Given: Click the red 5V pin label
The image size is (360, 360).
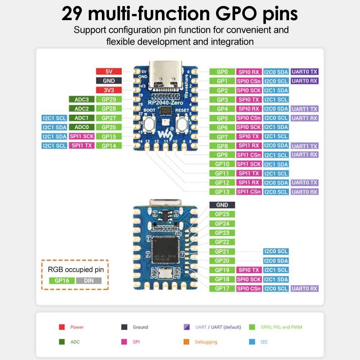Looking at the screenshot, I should pos(109,72).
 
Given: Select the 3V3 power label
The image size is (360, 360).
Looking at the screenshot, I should pos(109,90).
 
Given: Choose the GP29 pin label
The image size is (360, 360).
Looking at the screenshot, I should pos(109,99).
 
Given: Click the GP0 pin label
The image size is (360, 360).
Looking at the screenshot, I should pos(222,72).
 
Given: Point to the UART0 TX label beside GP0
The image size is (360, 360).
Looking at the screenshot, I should pos(305,72).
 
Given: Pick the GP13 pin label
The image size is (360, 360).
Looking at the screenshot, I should pos(222,192).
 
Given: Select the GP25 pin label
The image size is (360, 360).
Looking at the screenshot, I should pos(222,214).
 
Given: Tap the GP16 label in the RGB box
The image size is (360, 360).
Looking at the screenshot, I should pos(62,281).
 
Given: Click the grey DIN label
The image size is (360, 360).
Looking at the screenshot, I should pos(88,281).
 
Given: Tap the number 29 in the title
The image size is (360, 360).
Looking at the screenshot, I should pos(73,13).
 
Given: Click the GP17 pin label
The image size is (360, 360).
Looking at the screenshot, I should pos(222,288).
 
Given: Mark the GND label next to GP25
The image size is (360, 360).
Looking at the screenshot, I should pos(222,205).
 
